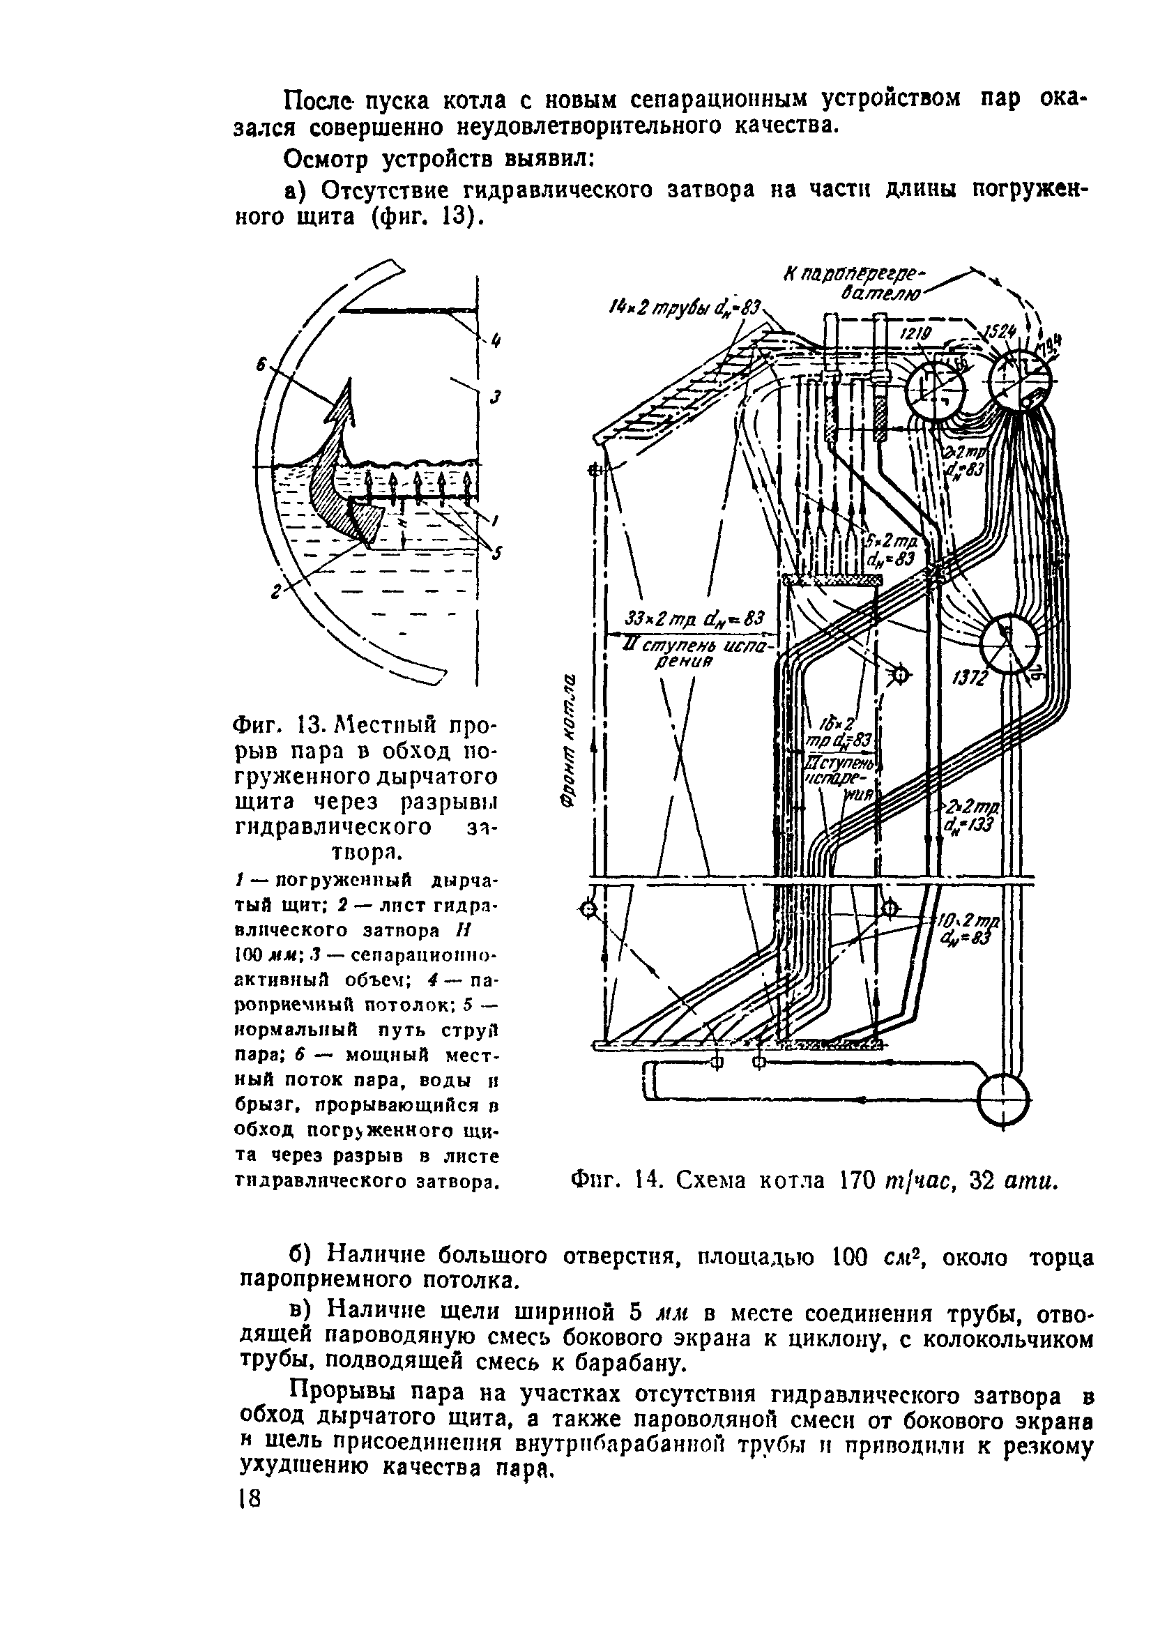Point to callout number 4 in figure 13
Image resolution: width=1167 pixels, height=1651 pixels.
click(x=494, y=342)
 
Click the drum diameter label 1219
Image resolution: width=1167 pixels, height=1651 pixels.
click(x=917, y=334)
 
